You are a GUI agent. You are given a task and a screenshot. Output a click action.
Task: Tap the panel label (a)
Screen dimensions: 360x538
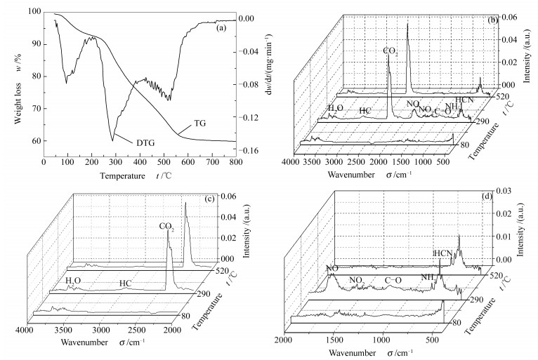[x=221, y=27]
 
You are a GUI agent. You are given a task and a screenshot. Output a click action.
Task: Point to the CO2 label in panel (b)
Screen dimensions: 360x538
[x=391, y=51]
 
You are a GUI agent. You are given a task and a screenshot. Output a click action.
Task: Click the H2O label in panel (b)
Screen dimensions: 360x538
[x=335, y=109]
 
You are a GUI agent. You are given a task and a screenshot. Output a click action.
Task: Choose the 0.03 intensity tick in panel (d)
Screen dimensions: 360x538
[x=497, y=191]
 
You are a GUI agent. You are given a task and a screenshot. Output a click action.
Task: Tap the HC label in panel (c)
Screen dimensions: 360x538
[x=125, y=284]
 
